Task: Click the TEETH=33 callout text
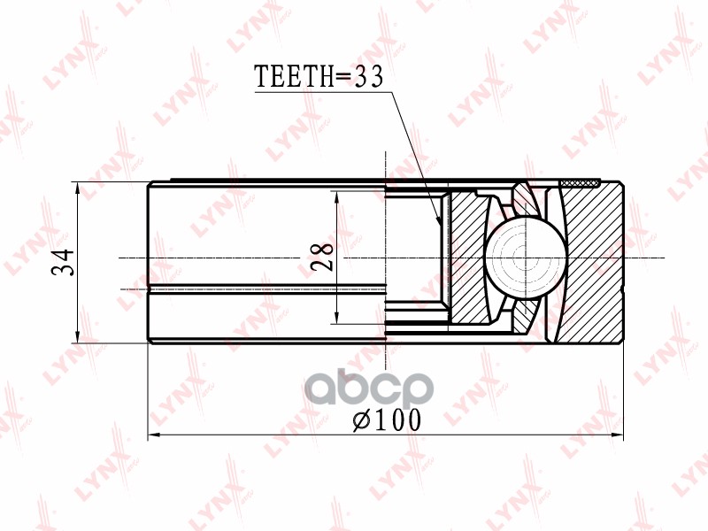(319, 78)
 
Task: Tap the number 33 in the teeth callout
(367, 78)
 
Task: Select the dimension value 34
(61, 262)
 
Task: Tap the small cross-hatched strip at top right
(580, 183)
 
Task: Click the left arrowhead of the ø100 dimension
(150, 435)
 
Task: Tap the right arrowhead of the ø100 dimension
(621, 435)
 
